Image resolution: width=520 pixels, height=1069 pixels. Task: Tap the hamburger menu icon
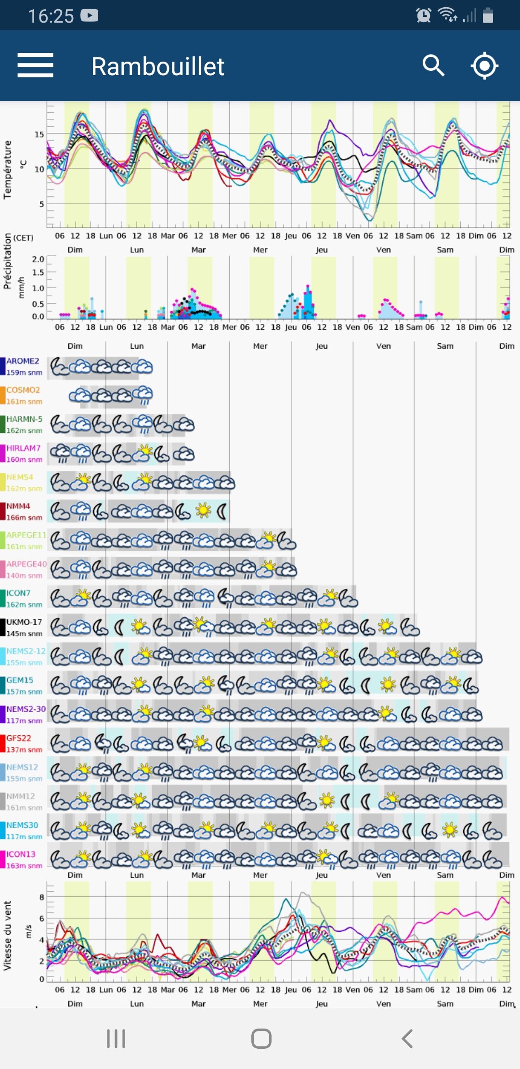tap(35, 65)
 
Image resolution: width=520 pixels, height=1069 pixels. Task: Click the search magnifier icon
tap(433, 65)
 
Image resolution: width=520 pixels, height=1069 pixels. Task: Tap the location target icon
tap(484, 65)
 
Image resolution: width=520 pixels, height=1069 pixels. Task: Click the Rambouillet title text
tap(157, 66)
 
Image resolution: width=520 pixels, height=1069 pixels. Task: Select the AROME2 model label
tap(23, 361)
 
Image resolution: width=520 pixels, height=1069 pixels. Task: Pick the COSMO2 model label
tap(23, 390)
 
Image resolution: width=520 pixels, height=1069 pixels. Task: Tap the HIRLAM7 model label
tap(23, 448)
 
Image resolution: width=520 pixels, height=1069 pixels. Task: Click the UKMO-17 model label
tap(24, 622)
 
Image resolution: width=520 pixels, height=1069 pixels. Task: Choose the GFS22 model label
tap(19, 738)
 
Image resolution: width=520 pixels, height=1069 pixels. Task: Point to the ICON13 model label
tap(21, 854)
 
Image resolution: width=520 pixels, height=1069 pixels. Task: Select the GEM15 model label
tap(20, 680)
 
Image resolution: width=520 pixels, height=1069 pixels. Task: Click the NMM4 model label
tap(18, 506)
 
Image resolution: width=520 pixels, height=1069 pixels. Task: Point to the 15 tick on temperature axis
tap(39, 134)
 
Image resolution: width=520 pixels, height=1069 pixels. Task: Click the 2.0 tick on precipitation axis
tap(38, 259)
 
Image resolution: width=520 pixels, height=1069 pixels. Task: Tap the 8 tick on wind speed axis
tap(42, 897)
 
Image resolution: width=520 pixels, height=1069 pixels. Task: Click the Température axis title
tap(7, 169)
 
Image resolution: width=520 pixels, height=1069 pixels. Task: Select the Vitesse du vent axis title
tap(7, 935)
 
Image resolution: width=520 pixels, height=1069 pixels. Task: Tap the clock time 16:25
tap(51, 16)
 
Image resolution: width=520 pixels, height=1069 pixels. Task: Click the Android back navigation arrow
tap(407, 1039)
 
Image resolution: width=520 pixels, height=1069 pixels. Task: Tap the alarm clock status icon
tap(423, 15)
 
